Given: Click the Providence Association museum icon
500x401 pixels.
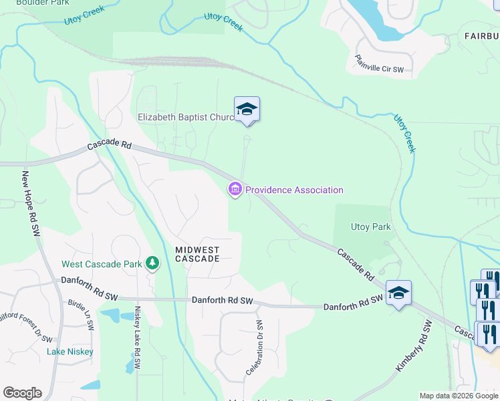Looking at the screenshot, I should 235,190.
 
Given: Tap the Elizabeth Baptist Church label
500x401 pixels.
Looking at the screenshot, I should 186,117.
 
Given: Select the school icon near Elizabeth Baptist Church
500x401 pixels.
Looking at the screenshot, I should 247,110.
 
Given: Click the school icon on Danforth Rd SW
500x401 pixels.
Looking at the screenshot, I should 398,293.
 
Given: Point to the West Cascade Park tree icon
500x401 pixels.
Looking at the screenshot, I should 153,263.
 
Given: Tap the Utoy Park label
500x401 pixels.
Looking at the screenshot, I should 370,227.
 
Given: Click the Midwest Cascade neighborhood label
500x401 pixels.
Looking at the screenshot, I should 197,254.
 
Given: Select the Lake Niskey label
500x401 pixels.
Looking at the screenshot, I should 70,352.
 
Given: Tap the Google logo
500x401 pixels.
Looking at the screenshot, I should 22,393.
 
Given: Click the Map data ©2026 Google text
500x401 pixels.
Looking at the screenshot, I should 459,396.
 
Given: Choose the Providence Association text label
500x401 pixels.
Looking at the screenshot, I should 294,190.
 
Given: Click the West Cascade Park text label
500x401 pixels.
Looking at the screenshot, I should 102,264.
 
